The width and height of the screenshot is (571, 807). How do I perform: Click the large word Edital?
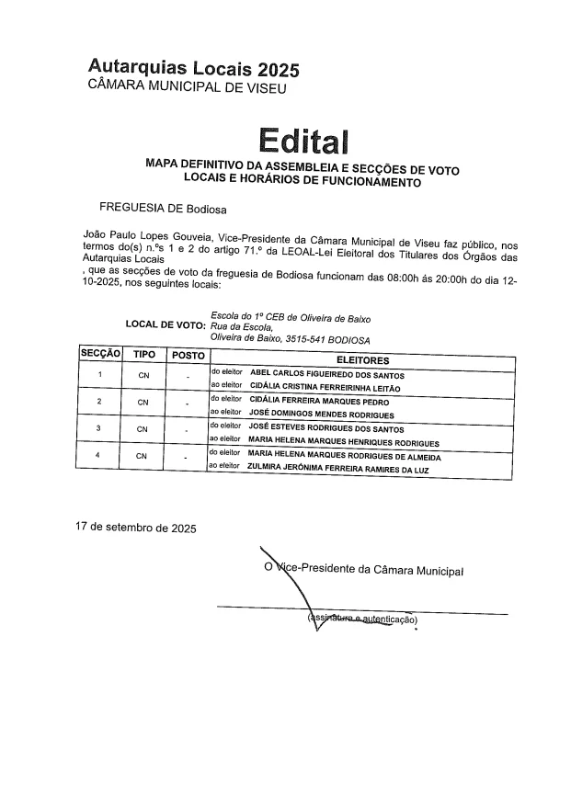[304, 141]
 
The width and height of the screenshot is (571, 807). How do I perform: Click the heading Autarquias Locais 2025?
[194, 69]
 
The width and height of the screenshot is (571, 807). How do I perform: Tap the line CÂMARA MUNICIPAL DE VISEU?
[187, 88]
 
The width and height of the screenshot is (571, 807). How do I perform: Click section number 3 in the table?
[98, 428]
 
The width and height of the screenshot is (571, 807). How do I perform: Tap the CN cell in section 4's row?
[143, 457]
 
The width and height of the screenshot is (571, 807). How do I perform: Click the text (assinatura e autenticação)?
[364, 620]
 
